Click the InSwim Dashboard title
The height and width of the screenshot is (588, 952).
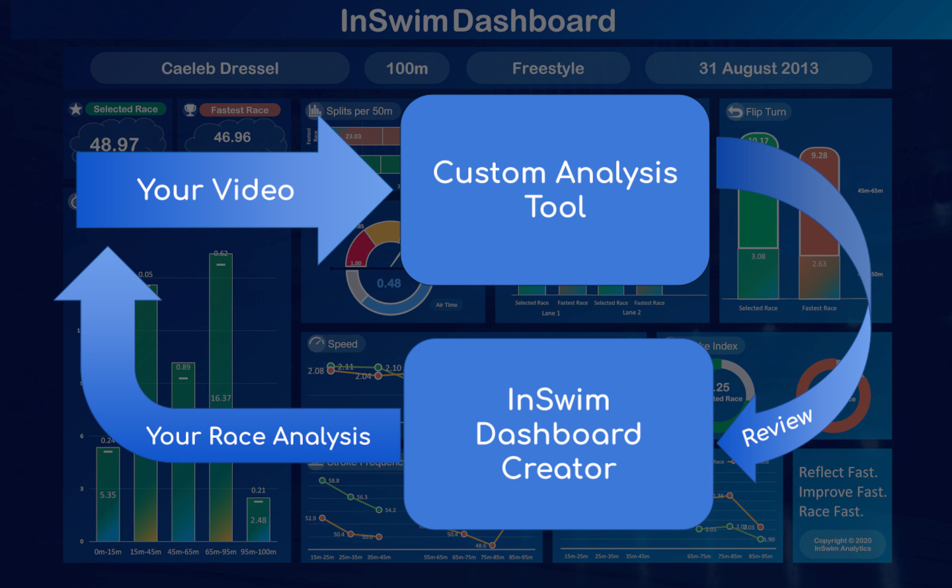tap(477, 21)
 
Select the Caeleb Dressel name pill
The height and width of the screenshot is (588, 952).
tap(219, 69)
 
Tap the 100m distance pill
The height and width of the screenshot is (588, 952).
tap(407, 69)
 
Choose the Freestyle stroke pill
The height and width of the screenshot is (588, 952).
tap(547, 69)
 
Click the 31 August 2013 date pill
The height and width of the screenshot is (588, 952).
tap(758, 69)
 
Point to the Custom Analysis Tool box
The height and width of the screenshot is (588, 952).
tap(555, 190)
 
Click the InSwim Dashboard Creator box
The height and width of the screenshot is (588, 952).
tap(558, 434)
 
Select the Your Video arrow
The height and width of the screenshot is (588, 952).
tap(216, 190)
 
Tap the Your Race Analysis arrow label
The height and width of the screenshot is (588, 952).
tap(258, 437)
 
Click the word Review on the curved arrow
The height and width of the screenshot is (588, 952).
tap(777, 427)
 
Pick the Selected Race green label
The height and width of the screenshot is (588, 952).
tap(126, 109)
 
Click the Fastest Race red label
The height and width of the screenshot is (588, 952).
tap(239, 110)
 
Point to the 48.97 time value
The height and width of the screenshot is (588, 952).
tap(114, 144)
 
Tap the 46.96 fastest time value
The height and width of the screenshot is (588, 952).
tap(232, 138)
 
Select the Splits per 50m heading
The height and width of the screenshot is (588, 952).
tap(358, 111)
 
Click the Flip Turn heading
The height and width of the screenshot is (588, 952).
tap(765, 112)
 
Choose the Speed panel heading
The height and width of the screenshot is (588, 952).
tap(342, 344)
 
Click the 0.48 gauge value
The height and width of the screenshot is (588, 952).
tap(389, 283)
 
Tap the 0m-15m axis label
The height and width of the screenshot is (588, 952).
tap(108, 552)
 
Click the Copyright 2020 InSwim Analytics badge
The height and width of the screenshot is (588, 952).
tap(842, 544)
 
